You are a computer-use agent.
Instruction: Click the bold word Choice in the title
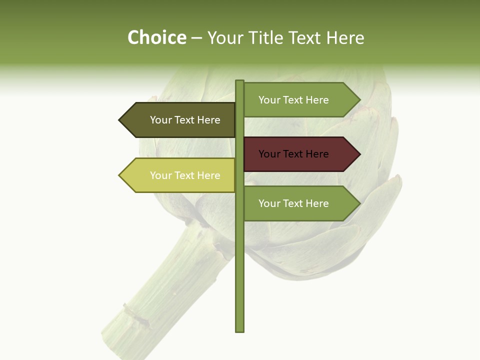click(x=156, y=38)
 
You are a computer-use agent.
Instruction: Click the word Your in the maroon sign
click(x=269, y=154)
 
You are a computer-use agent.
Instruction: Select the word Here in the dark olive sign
click(x=209, y=120)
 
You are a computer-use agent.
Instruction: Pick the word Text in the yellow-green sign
click(x=184, y=175)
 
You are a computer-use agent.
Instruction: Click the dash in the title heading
click(x=196, y=38)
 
